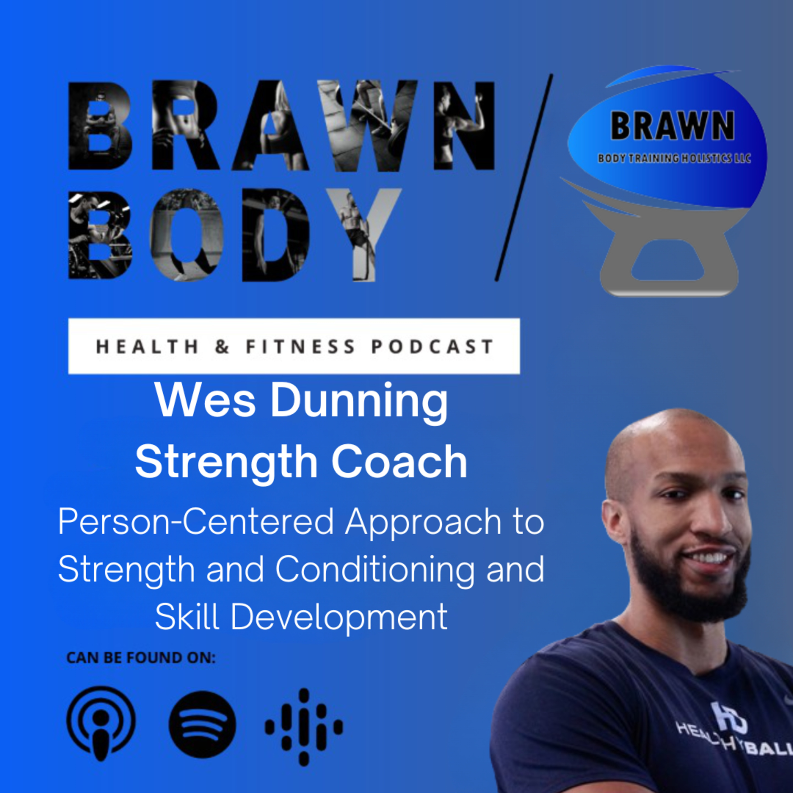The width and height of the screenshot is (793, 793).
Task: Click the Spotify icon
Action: click(x=202, y=725)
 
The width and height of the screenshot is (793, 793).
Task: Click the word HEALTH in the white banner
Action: click(x=147, y=347)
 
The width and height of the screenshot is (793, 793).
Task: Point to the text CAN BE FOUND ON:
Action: click(x=141, y=658)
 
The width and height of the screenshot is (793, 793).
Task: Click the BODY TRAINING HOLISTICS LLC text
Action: click(x=674, y=158)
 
